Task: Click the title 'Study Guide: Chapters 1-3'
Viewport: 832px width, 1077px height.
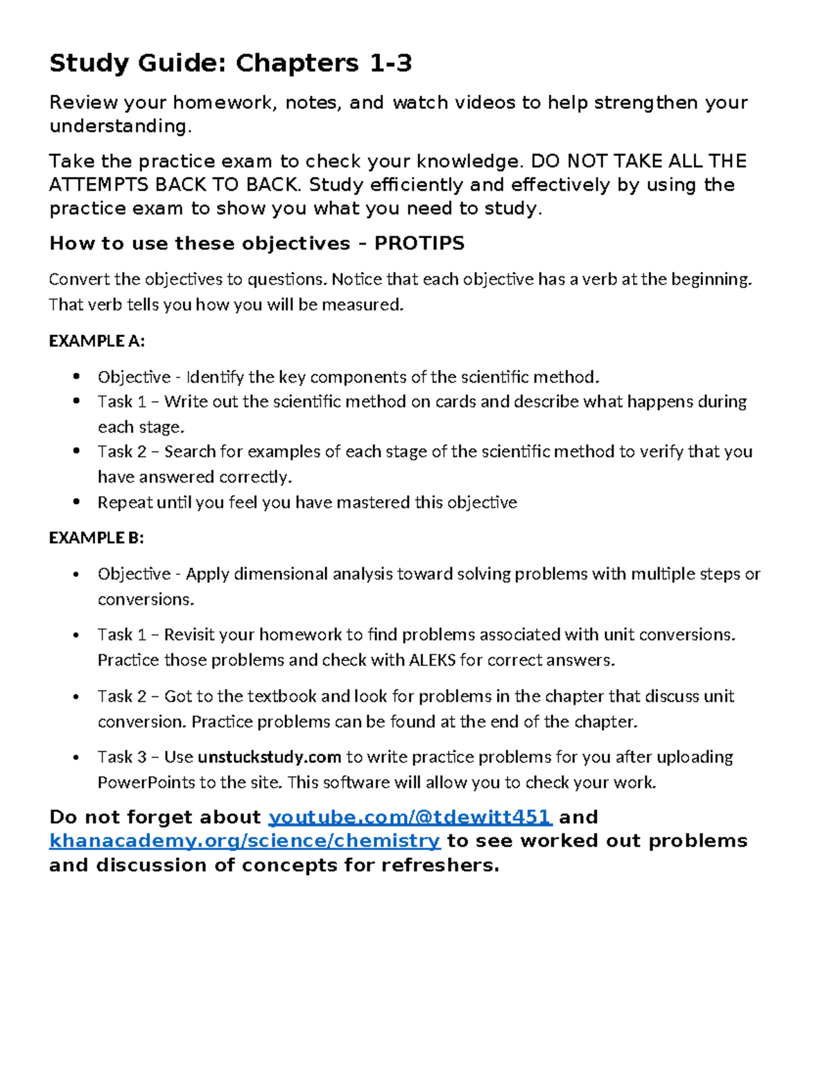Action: click(x=230, y=64)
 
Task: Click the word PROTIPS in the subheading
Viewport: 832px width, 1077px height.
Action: click(x=419, y=243)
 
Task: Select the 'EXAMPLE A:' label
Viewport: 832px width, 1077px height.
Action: click(x=96, y=341)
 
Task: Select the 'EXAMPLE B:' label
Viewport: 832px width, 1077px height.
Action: click(x=96, y=538)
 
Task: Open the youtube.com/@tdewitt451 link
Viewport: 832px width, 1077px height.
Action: click(x=409, y=817)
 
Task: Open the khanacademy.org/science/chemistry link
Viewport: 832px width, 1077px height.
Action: click(x=245, y=841)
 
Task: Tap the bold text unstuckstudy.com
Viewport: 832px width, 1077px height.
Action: click(x=269, y=757)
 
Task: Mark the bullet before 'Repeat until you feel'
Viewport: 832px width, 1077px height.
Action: click(x=77, y=501)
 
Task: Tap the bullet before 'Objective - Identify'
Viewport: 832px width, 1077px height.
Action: click(x=77, y=377)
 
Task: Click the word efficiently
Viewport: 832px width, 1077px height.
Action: click(x=418, y=185)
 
